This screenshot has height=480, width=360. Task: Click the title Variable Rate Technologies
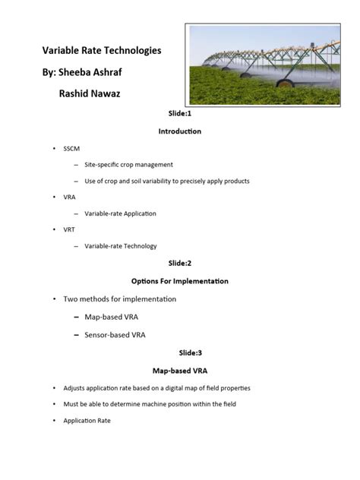[101, 51]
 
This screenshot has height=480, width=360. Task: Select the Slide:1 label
[180, 112]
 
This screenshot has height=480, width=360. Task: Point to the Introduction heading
[180, 131]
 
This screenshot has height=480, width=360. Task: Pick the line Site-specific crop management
[129, 164]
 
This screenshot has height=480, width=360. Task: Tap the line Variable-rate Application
[120, 213]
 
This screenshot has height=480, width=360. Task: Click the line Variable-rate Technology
[121, 246]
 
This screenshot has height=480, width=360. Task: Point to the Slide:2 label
[180, 263]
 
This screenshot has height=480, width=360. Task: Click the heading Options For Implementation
[180, 281]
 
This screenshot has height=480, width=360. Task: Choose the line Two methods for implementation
[120, 298]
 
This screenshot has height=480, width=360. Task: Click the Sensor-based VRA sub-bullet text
[115, 333]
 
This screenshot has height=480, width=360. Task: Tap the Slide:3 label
[180, 352]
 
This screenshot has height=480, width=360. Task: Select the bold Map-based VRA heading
[180, 371]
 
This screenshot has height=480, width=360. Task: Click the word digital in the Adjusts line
[184, 387]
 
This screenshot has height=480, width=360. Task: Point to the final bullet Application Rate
[87, 420]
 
